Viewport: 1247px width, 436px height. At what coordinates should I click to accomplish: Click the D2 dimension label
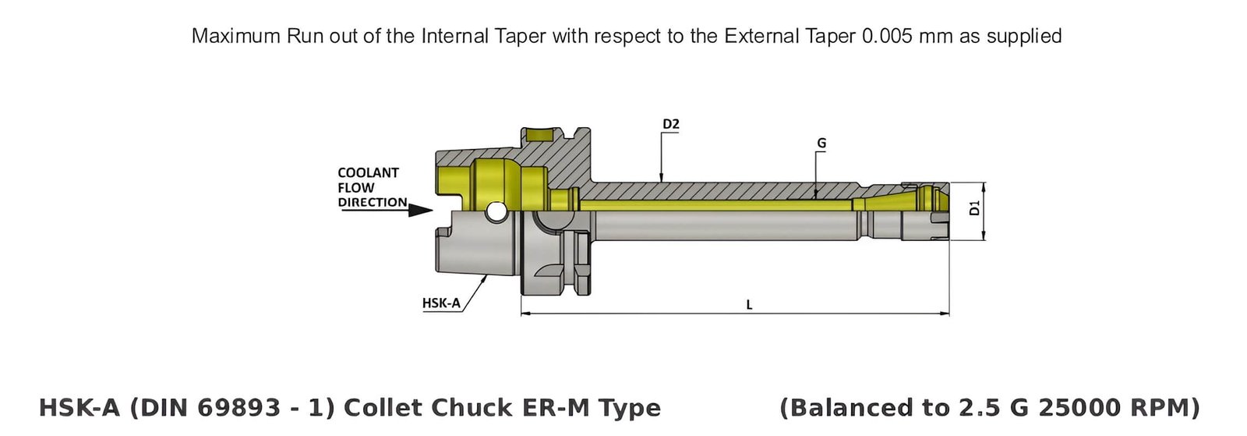(670, 124)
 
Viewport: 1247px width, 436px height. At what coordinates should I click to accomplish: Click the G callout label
(821, 144)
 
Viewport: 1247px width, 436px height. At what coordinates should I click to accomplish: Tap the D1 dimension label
(973, 208)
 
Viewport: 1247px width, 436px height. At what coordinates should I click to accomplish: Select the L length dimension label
(749, 305)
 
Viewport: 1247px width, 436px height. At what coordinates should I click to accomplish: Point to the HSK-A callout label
(441, 303)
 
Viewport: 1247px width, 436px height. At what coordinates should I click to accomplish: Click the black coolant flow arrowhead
(420, 210)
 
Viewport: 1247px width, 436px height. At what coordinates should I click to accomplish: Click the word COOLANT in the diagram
(368, 172)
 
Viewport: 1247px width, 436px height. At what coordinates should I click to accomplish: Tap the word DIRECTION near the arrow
(372, 202)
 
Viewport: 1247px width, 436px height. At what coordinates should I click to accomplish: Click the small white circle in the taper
(495, 211)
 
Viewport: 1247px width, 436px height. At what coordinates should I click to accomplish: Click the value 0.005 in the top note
(887, 36)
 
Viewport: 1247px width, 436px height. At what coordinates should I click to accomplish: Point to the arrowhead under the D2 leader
(661, 179)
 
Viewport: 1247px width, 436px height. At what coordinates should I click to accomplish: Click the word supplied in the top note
(1024, 37)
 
